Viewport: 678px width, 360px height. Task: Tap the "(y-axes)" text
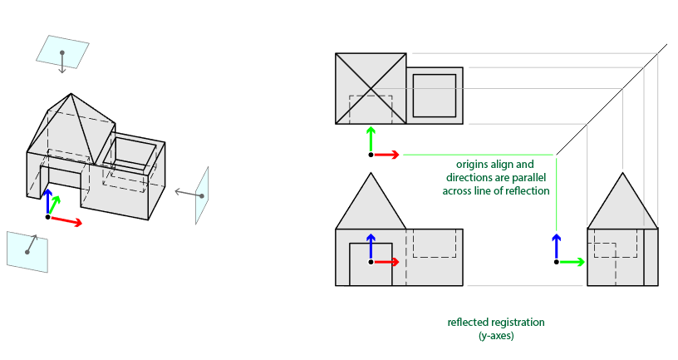[x=496, y=335]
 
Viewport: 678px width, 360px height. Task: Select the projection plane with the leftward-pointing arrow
[x=202, y=195]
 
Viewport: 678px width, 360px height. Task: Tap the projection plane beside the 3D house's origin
[x=27, y=250]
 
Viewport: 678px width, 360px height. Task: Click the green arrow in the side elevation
[x=571, y=262]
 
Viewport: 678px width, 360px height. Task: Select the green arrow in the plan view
[x=371, y=140]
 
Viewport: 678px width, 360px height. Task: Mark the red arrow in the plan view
[x=387, y=155]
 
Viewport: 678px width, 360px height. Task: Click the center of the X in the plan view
[x=371, y=89]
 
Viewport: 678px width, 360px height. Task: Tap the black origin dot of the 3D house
[x=48, y=217]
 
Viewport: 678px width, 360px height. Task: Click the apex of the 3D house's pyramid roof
[x=72, y=94]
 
